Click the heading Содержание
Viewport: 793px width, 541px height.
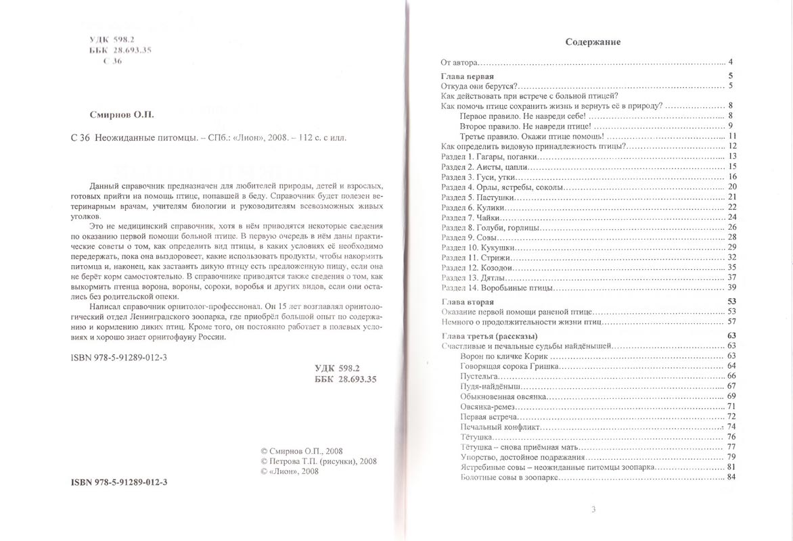pyautogui.click(x=593, y=42)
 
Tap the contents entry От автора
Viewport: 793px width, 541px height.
pyautogui.click(x=460, y=62)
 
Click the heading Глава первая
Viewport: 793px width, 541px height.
pyautogui.click(x=467, y=76)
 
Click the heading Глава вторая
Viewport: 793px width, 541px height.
pyautogui.click(x=467, y=301)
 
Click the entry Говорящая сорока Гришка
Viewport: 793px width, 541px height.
pyautogui.click(x=508, y=366)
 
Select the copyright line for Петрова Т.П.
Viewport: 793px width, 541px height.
pyautogui.click(x=318, y=461)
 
